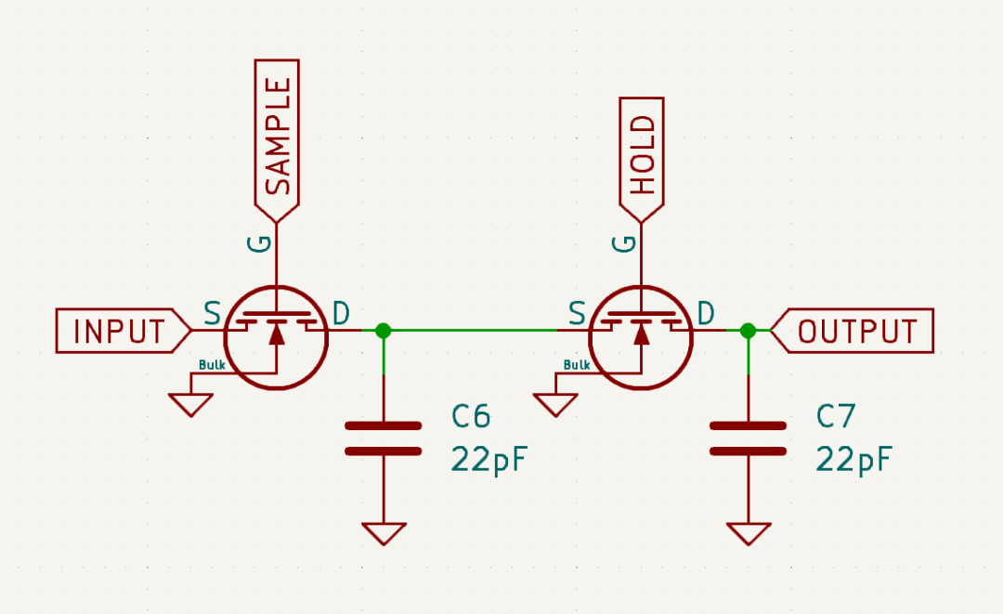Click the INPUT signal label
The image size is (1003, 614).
119,331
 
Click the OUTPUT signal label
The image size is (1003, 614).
856,331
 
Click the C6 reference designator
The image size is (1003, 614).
471,417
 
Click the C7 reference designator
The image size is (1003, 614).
836,417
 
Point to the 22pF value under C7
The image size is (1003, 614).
854,459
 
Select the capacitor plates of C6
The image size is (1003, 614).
383,438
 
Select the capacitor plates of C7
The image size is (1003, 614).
748,438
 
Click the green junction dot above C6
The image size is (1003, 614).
383,330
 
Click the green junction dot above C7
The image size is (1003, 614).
748,330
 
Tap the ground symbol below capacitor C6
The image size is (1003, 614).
383,533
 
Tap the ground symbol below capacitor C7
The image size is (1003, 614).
748,533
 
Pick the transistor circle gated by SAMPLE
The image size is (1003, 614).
277,336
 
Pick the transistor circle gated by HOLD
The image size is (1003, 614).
642,336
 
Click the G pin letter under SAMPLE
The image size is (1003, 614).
260,243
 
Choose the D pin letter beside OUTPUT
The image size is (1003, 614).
707,314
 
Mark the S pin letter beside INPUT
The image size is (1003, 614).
212,314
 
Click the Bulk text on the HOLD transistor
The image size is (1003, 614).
577,365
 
